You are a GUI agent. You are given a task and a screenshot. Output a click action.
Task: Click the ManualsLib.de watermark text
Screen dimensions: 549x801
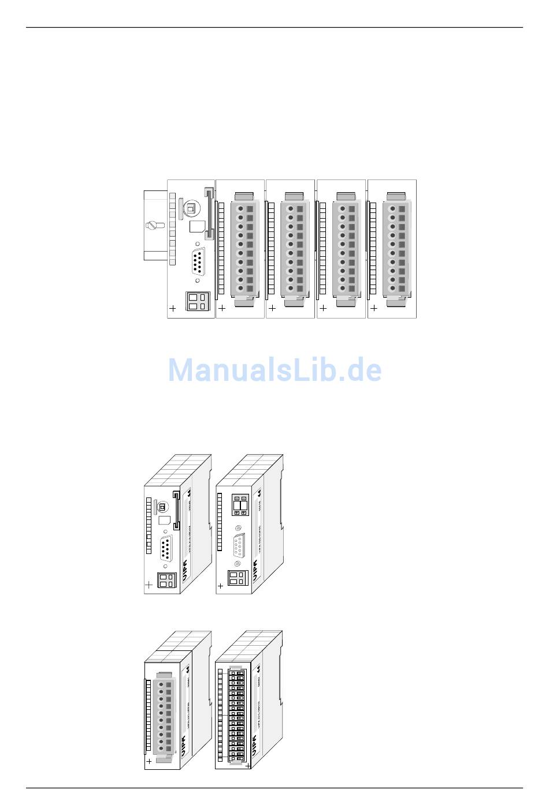(274, 370)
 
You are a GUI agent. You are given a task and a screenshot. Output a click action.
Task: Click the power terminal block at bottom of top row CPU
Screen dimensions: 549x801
(195, 301)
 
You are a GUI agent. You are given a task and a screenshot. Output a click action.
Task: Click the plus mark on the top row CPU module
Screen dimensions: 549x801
(173, 309)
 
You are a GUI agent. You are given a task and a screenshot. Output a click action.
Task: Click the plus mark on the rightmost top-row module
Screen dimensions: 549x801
(373, 308)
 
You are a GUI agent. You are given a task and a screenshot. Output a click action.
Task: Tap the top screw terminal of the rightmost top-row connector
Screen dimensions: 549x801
(392, 209)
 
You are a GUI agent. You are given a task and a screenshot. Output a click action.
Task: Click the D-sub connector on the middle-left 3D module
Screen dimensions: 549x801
(166, 547)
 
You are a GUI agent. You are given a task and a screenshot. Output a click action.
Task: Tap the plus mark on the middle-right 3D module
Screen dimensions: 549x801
(220, 586)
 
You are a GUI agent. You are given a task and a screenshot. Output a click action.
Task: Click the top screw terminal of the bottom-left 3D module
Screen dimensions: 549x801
(161, 684)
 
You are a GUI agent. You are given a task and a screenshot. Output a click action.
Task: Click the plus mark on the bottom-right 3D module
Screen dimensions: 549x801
(248, 765)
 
